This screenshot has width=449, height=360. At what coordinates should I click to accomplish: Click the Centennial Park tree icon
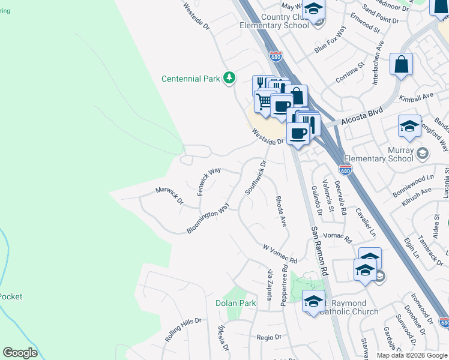tap(229, 78)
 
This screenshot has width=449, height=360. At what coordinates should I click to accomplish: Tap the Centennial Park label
tap(191, 79)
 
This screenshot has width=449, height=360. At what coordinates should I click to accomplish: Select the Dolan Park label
tap(236, 303)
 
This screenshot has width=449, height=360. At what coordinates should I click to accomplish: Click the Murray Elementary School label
tap(384, 154)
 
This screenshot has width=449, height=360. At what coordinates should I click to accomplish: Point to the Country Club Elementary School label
tap(274, 21)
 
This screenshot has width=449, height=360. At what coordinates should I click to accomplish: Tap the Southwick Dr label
tap(255, 178)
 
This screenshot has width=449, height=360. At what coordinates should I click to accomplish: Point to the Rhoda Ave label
tap(281, 211)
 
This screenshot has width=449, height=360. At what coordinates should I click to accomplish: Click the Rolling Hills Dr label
tap(183, 331)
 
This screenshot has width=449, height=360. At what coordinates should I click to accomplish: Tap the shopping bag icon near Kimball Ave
tap(401, 64)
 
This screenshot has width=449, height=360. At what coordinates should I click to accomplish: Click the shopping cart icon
tap(264, 100)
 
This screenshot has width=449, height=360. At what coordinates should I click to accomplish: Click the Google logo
tap(20, 353)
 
